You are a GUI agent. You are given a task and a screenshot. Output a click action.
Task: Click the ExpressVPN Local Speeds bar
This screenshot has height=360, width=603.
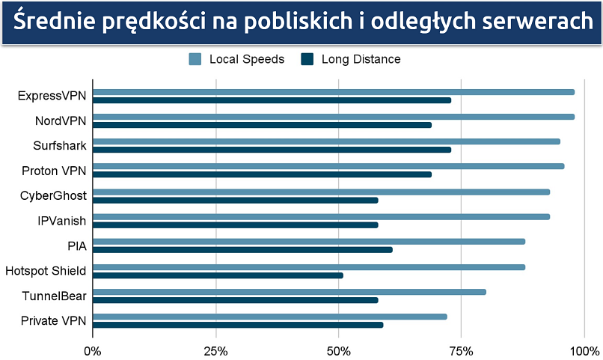(334, 92)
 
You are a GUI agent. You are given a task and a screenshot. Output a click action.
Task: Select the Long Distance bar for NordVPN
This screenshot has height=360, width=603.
(262, 125)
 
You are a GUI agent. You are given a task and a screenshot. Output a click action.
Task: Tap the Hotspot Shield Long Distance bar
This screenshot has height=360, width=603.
(218, 275)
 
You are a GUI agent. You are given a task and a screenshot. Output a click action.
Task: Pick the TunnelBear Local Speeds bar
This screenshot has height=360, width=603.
(290, 292)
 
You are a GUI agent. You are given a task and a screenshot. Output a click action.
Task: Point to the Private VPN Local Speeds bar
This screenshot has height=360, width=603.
(270, 317)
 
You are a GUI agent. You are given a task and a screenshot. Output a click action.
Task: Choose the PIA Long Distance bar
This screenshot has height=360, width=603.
(242, 250)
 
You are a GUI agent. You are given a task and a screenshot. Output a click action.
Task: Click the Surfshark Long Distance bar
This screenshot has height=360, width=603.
(272, 150)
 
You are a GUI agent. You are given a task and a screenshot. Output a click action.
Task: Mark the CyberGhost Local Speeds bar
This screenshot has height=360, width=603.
(321, 192)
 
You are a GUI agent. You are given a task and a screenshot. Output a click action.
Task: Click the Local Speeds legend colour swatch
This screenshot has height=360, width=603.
(195, 59)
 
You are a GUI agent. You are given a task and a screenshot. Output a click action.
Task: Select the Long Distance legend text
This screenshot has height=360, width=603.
(361, 59)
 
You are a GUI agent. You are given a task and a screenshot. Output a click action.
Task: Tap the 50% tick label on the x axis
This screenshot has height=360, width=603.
(339, 350)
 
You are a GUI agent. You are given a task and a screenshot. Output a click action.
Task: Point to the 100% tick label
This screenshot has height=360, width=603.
(584, 350)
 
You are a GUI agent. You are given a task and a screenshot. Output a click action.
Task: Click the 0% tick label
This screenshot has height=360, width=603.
(93, 350)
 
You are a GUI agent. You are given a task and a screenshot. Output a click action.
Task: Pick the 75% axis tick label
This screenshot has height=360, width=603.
(462, 350)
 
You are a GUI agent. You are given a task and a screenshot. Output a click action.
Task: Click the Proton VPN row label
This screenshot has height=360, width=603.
(54, 171)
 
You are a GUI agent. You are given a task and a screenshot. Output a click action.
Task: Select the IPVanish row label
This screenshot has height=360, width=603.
(61, 221)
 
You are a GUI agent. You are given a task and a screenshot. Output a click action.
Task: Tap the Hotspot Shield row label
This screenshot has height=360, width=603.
(46, 271)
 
